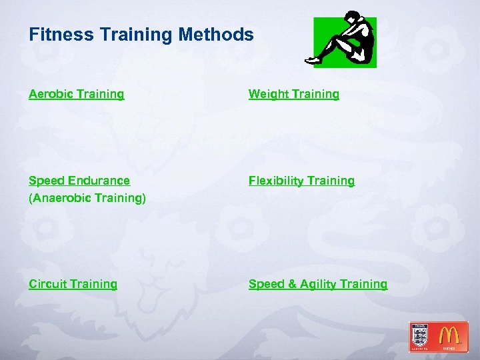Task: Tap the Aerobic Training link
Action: pyautogui.click(x=76, y=94)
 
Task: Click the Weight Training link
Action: pyautogui.click(x=293, y=94)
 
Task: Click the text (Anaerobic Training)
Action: pyautogui.click(x=87, y=198)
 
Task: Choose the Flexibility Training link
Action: pyautogui.click(x=301, y=181)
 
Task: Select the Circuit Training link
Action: pyautogui.click(x=73, y=284)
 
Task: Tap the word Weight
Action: pyautogui.click(x=269, y=95)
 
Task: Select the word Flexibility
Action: pyautogui.click(x=275, y=181)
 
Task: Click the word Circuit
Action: pyautogui.click(x=47, y=284)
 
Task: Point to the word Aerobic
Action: pyautogui.click(x=49, y=94)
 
